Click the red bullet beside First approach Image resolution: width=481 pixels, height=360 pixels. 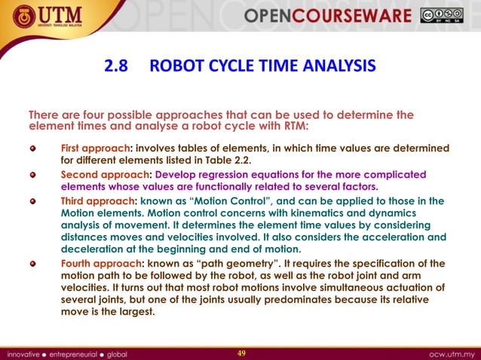point(32,148)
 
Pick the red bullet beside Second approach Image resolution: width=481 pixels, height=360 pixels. point(32,175)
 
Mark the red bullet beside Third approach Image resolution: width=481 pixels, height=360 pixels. point(32,201)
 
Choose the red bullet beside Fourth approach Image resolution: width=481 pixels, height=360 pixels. point(32,264)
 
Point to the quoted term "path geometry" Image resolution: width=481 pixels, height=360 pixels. point(244,264)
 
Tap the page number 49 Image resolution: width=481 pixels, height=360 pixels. point(241,352)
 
